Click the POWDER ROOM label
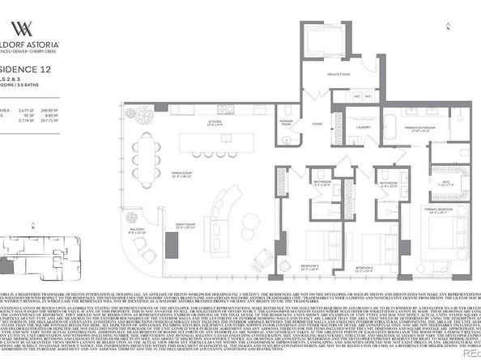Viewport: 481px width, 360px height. tap(286, 123)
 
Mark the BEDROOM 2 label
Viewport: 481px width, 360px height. tap(364, 266)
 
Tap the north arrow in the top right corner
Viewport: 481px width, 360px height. tap(449, 27)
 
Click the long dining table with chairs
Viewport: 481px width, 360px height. tap(146, 159)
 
